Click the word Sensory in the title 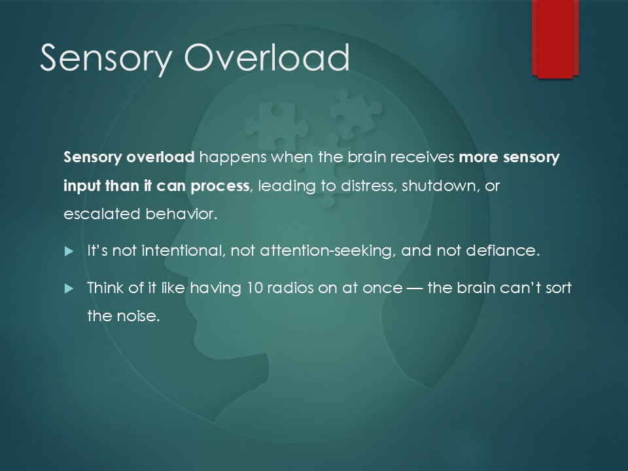point(106,58)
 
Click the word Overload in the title point(267,58)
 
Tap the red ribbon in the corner point(555,39)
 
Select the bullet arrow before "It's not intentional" point(69,251)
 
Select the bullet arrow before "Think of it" point(69,288)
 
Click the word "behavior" point(181,214)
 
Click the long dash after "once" point(415,288)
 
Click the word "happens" point(233,158)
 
